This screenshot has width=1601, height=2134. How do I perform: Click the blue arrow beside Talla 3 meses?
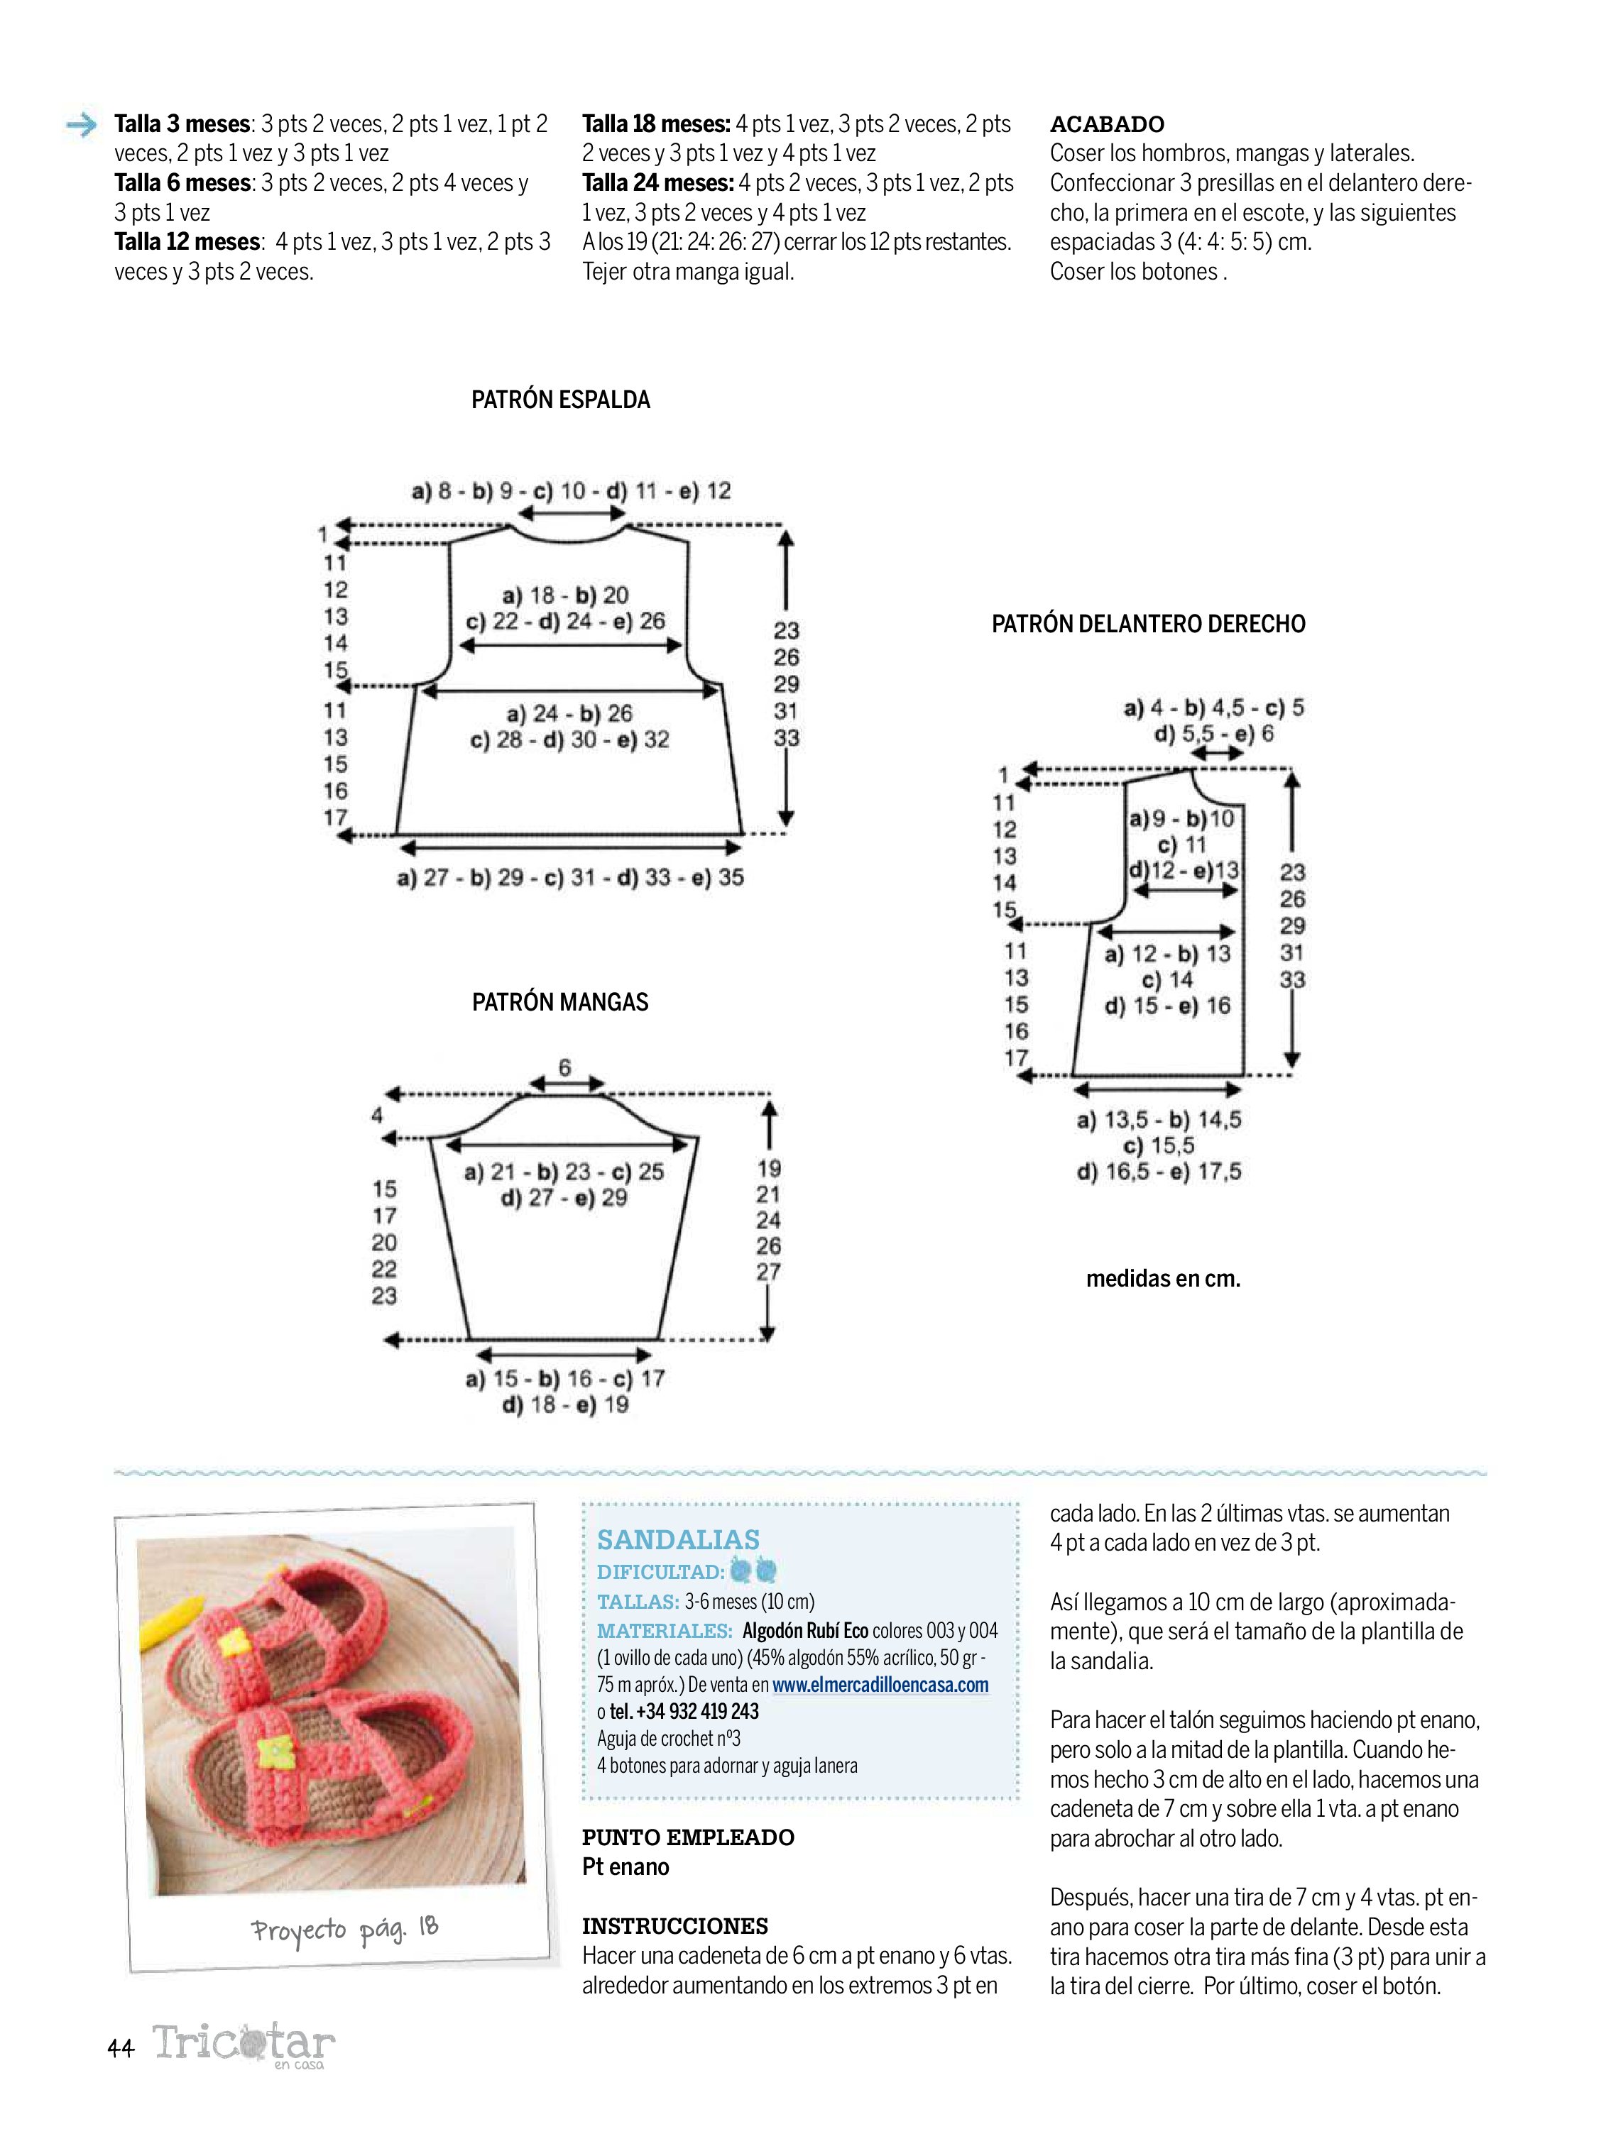(82, 124)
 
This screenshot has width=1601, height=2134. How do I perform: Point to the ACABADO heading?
(1107, 123)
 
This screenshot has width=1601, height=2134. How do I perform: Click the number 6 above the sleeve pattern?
(564, 1067)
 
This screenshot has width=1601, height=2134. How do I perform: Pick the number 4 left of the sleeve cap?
(377, 1115)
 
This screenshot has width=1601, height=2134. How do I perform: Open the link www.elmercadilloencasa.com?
(880, 1685)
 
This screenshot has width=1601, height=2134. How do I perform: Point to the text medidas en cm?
(1163, 1278)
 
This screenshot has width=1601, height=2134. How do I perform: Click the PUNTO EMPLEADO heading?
(688, 1837)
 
